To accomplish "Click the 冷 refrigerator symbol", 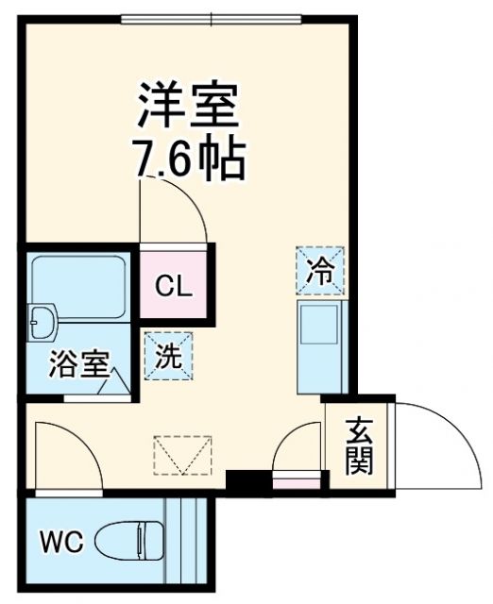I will (319, 271).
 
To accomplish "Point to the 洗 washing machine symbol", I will (168, 356).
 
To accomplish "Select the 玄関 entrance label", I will (358, 445).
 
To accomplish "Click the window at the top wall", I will (212, 17).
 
